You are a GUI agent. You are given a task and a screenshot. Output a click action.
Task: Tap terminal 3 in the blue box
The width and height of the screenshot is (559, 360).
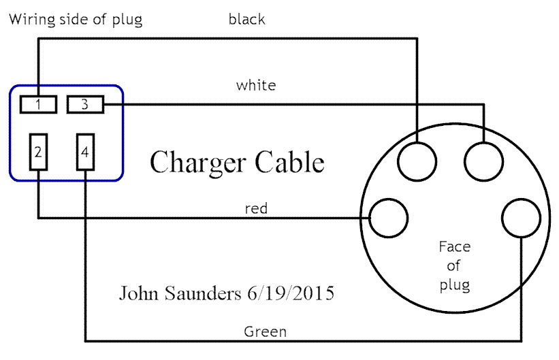point(84,105)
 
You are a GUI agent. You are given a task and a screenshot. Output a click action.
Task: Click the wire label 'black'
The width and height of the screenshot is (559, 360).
point(246,20)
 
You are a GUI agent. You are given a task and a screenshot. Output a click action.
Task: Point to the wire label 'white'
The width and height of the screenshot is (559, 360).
point(256,86)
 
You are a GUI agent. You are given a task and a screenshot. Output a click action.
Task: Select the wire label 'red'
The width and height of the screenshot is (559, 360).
point(256,209)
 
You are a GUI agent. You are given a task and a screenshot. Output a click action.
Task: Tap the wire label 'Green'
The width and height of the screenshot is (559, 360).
point(265,332)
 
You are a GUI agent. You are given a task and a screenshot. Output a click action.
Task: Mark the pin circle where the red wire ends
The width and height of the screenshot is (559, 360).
point(388,218)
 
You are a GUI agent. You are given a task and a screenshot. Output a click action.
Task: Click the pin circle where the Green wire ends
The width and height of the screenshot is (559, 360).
point(522,218)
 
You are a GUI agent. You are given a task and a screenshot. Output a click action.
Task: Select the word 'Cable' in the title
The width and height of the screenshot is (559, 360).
point(290,163)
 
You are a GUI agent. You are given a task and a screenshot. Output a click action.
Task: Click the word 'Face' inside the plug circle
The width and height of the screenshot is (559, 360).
point(454,246)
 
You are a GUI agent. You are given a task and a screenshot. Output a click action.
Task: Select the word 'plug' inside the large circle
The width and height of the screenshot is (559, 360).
point(454,284)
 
